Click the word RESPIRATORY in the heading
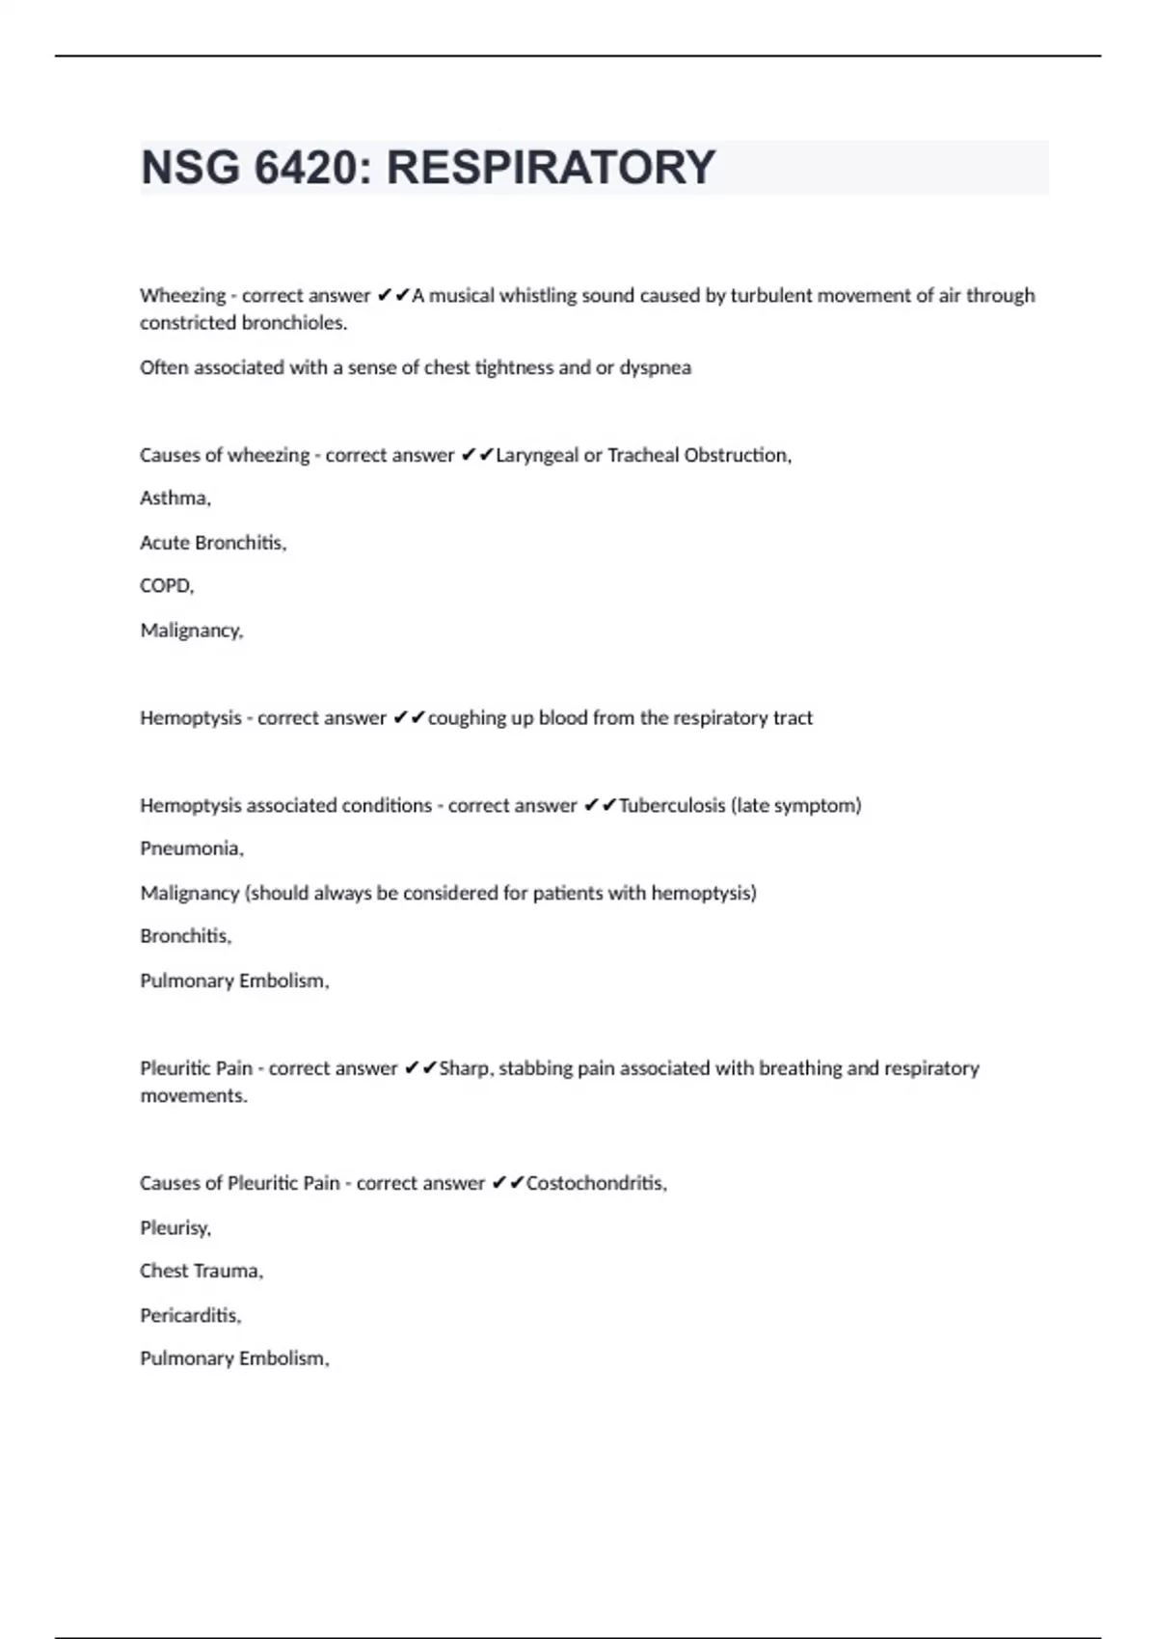[551, 168]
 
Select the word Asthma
[175, 498]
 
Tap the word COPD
[166, 586]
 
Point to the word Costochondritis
[596, 1183]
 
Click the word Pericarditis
[190, 1315]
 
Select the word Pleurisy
[175, 1227]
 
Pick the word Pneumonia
[191, 848]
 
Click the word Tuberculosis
[671, 805]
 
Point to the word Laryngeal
[536, 455]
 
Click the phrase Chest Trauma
[201, 1271]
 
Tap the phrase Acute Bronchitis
[212, 543]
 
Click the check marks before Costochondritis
[507, 1183]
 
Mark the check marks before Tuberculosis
[600, 805]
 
